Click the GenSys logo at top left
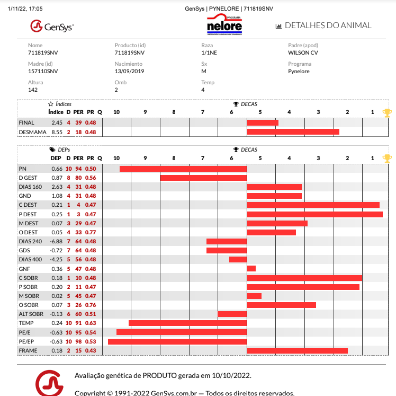pos(52,25)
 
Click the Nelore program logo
pos(224,25)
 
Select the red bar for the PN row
pos(183,169)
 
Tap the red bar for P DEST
pos(314,214)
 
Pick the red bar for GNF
pos(251,269)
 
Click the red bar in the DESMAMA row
pos(293,131)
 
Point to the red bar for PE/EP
pos(177,341)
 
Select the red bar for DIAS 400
pos(238,260)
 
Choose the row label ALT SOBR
pos(31,314)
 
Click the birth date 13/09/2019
pos(129,72)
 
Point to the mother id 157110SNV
pos(43,72)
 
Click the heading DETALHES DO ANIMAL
pos(328,25)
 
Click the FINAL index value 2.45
pos(57,123)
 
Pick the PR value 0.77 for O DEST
pos(91,232)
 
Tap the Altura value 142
pos(33,90)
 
